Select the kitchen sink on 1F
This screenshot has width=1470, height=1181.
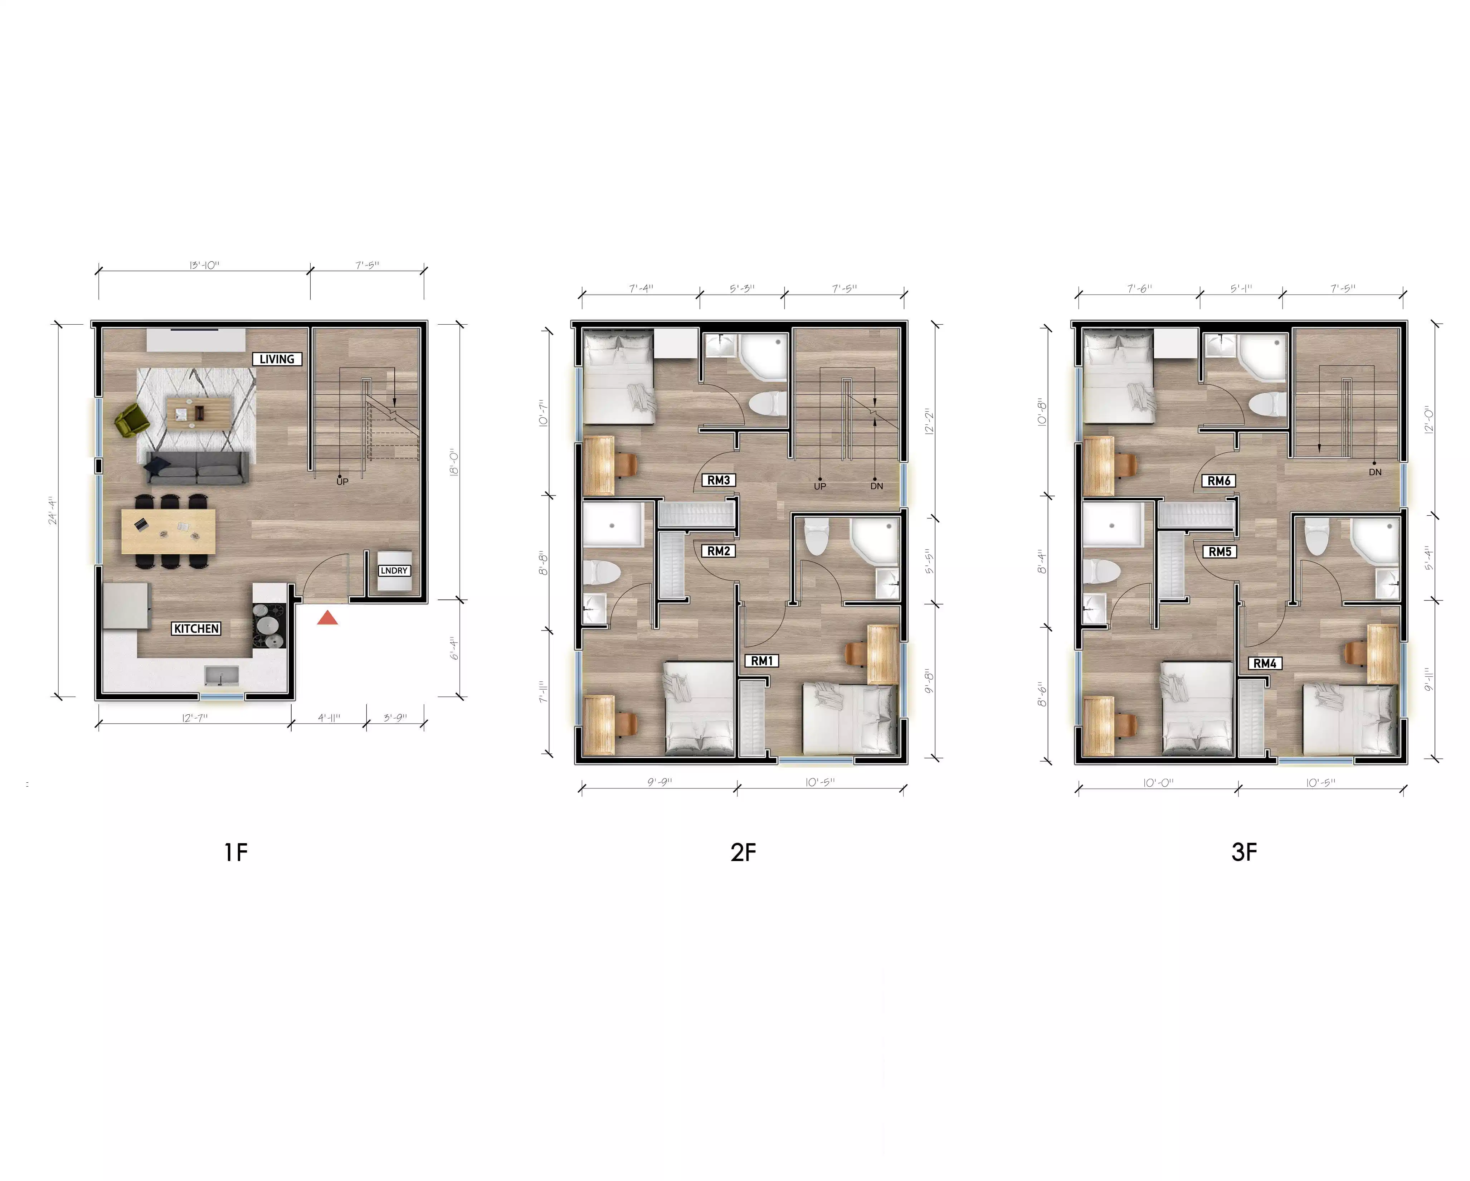pos(222,676)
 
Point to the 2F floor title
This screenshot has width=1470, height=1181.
pos(743,852)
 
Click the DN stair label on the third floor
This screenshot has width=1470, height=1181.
pos(1374,472)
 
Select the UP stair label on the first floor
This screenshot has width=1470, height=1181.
pos(342,481)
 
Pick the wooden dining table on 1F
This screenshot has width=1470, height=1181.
pos(169,531)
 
